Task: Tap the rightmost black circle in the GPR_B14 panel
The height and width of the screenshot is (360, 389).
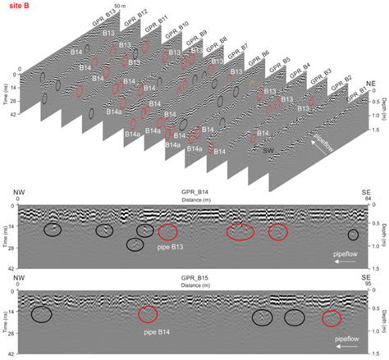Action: (353, 235)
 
